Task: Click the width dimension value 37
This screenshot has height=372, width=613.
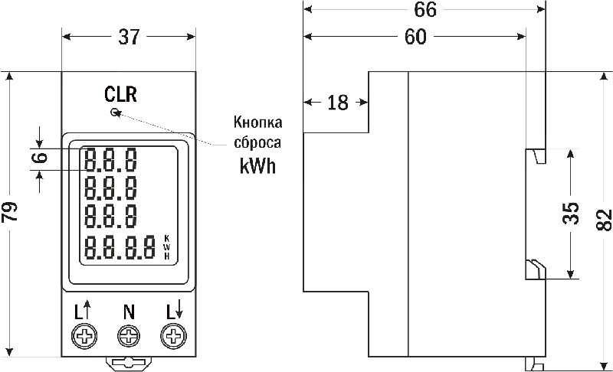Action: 127,36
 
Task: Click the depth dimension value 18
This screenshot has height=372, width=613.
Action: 337,103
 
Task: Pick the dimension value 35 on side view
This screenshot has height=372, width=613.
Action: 570,214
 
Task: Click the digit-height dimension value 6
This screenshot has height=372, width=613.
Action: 40,158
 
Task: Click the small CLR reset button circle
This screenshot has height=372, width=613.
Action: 115,113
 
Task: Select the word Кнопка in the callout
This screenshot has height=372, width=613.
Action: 257,123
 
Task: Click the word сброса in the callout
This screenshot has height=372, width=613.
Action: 257,143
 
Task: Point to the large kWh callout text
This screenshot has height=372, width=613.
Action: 257,166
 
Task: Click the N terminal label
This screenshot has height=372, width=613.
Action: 128,312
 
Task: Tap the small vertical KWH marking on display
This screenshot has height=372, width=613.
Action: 166,247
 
